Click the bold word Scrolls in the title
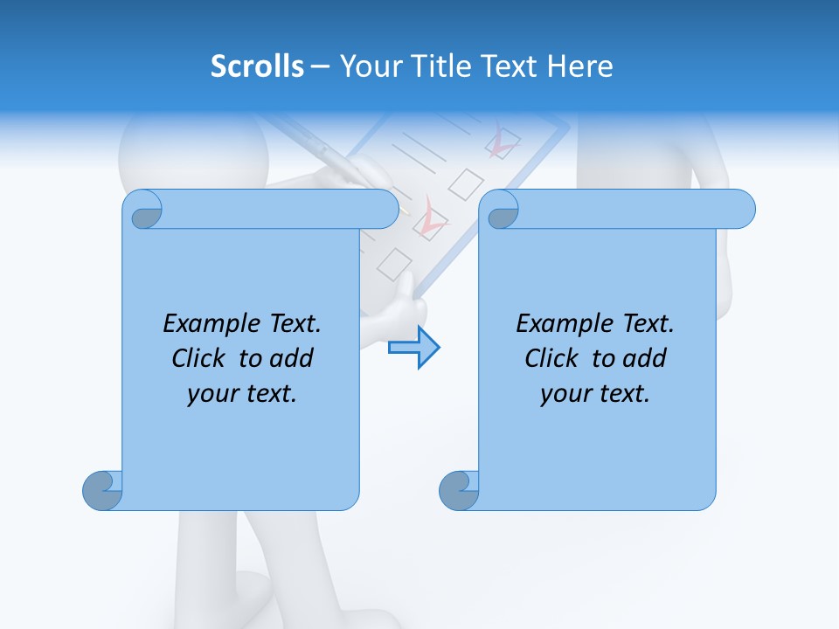point(257,66)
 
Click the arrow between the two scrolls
point(413,348)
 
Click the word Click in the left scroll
point(201,358)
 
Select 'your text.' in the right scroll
point(595,393)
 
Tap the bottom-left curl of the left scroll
point(102,490)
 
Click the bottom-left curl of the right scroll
point(459,490)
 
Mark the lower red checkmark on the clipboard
point(430,218)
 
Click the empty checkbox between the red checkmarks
point(467,183)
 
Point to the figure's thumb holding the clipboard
point(407,288)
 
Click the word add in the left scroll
point(294,358)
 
